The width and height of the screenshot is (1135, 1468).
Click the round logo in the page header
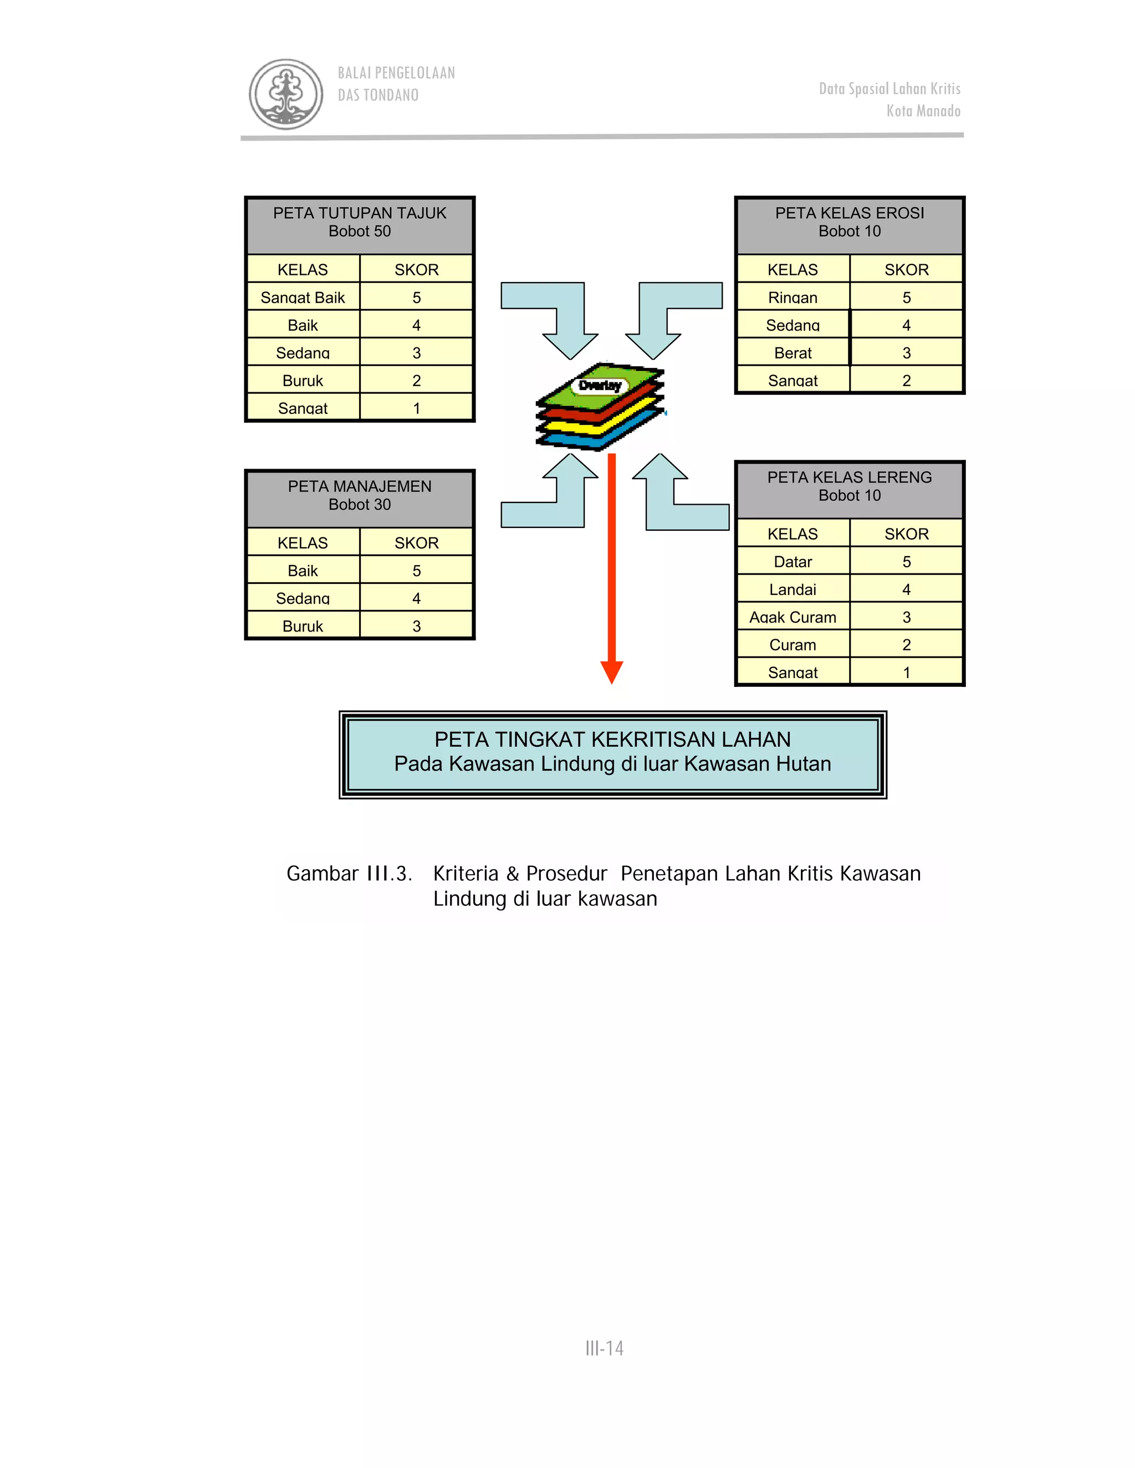click(x=286, y=94)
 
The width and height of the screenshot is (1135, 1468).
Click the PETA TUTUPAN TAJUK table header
click(x=360, y=223)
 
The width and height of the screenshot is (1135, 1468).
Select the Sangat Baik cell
click(x=303, y=297)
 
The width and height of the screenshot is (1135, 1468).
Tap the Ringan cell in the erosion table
click(x=793, y=297)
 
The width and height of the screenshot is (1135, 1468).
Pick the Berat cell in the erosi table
click(x=793, y=353)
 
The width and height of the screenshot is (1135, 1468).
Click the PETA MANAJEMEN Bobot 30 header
click(x=360, y=495)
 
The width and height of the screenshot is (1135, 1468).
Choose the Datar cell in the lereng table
click(x=793, y=562)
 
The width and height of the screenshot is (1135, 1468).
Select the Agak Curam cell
click(x=793, y=617)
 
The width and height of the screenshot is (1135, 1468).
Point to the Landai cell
click(x=793, y=589)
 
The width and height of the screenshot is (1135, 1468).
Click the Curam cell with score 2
click(x=793, y=645)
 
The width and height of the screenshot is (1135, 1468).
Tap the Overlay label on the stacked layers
click(x=600, y=386)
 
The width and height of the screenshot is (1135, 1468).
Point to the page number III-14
click(x=605, y=1348)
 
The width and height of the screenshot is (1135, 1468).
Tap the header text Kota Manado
click(x=923, y=111)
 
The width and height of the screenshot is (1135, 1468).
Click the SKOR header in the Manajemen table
click(x=416, y=543)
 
